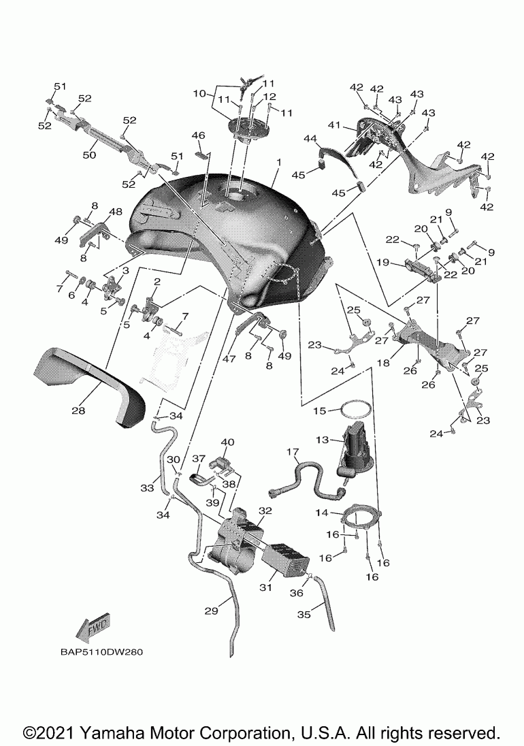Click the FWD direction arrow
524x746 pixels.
click(94, 628)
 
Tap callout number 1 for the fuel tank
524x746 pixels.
click(278, 163)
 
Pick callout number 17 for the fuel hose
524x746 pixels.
click(293, 451)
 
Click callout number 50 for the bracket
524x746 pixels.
click(89, 155)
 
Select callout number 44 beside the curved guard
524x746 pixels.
click(310, 138)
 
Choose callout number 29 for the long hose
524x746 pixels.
click(212, 611)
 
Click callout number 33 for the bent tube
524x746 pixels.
click(148, 488)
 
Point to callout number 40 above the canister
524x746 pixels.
click(227, 442)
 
